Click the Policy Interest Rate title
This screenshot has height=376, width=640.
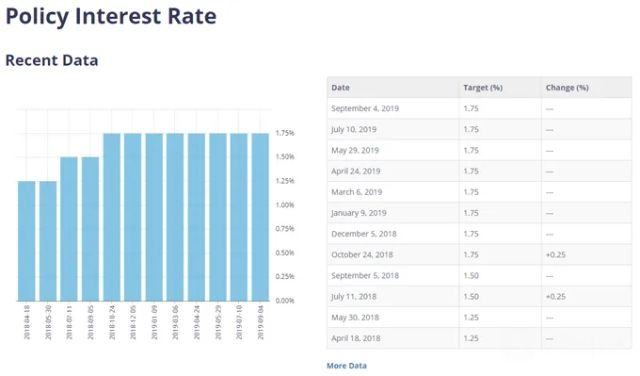pos(111,17)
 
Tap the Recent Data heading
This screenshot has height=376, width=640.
pos(52,60)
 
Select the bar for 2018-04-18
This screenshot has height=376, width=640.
pos(26,241)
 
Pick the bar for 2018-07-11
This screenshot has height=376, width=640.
pos(69,229)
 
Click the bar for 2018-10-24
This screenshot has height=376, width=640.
pos(112,218)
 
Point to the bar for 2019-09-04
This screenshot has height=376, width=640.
pos(261,218)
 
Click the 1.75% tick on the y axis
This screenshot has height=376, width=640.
pos(285,133)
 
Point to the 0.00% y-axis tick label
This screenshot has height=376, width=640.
pos(285,301)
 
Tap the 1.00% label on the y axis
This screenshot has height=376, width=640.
pos(285,204)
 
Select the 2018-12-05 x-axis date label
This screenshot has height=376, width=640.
pos(133,322)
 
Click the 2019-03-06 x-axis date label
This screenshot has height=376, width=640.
pos(175,322)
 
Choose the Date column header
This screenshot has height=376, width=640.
pos(341,88)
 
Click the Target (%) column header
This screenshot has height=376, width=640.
pos(483,88)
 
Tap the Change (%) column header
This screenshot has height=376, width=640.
pos(568,88)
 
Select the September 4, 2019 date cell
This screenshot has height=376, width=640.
pos(365,108)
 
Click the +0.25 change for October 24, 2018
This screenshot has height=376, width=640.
pos(555,254)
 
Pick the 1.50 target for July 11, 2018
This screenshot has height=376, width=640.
pos(471,296)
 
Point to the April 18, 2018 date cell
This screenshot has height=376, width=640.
pos(356,338)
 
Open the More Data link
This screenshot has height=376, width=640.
pos(346,366)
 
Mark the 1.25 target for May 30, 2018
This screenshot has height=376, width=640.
pos(471,318)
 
